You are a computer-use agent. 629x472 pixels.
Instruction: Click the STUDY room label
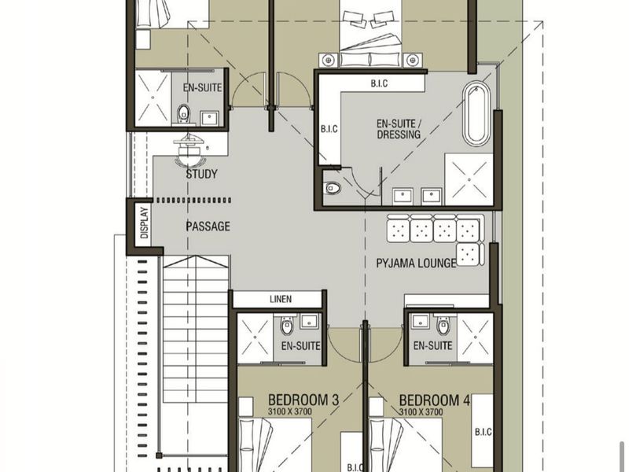202,174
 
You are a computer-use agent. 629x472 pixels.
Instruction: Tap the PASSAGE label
208,227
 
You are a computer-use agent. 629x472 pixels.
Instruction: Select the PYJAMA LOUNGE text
416,264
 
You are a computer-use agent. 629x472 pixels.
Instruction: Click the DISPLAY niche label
145,223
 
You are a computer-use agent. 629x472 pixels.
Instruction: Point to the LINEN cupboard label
281,299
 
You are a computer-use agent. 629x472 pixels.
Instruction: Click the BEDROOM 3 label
303,400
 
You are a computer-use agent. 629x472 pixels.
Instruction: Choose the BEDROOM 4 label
435,400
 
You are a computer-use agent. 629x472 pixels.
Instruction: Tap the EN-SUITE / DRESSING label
399,129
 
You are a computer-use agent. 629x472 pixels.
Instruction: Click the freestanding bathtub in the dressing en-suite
476,113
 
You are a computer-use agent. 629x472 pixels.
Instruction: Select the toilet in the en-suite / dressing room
333,187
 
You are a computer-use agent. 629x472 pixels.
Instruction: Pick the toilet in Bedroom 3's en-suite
287,326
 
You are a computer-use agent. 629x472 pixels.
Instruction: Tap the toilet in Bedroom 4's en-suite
443,326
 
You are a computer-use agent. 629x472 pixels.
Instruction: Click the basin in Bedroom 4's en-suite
420,321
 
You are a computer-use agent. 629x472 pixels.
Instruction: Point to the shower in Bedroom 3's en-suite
255,338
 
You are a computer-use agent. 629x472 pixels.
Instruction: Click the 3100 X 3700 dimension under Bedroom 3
289,411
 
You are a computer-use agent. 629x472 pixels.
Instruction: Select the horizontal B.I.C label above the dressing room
379,83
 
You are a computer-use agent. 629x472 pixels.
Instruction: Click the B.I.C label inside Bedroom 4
483,432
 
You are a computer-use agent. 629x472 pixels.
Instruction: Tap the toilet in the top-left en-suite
183,113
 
